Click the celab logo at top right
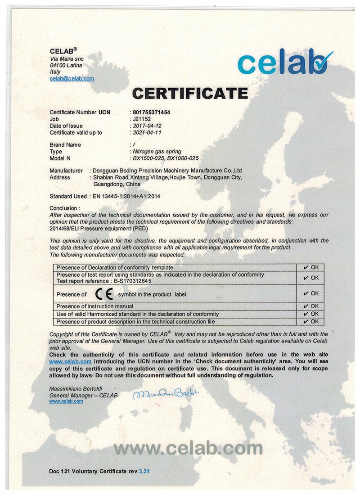click(285, 63)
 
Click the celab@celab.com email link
click(72, 78)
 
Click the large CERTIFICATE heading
click(190, 93)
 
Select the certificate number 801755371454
click(152, 112)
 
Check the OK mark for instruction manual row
click(311, 306)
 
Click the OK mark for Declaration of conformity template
click(311, 267)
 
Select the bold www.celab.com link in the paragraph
click(70, 361)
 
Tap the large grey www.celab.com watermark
click(188, 448)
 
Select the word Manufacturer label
click(66, 171)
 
